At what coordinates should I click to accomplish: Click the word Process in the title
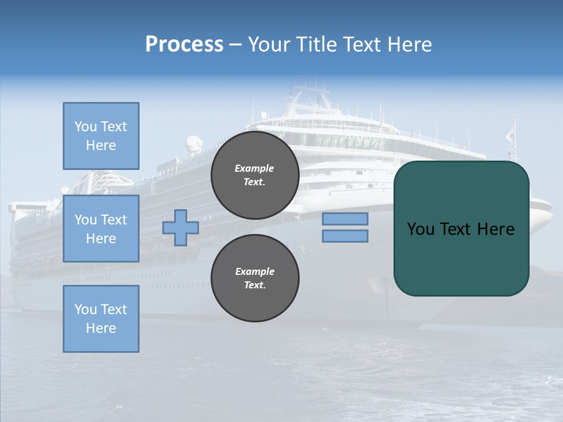[184, 45]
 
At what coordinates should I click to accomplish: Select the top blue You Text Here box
[101, 136]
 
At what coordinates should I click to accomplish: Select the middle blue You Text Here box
[101, 229]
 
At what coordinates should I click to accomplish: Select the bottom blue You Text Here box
[101, 319]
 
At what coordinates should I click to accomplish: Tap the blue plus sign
[181, 227]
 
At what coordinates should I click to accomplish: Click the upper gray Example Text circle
[255, 175]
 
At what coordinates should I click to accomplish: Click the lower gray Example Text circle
[255, 278]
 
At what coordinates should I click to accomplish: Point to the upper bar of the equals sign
[345, 219]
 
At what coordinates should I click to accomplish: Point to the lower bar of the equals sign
[345, 236]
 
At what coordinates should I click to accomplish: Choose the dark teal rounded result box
[461, 258]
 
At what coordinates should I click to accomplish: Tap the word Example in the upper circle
[255, 168]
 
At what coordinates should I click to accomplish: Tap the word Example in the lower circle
[255, 271]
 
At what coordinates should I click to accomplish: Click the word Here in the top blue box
[101, 145]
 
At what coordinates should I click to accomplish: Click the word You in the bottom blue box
[85, 309]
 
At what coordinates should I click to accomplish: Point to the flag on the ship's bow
[510, 134]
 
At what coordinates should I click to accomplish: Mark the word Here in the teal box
[496, 229]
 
